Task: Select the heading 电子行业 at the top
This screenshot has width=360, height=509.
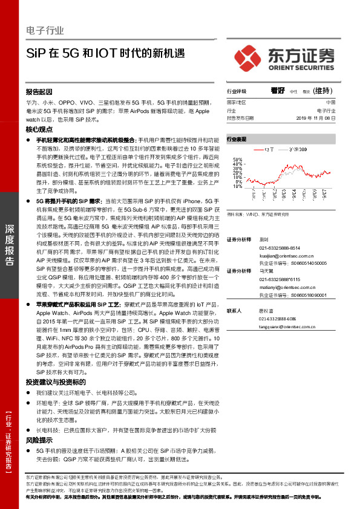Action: [x=45, y=30]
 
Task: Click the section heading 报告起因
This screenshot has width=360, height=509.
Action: [x=38, y=92]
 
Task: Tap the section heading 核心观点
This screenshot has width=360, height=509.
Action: [x=38, y=130]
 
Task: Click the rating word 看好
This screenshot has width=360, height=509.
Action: [x=278, y=91]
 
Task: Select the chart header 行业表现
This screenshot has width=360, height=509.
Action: [x=237, y=139]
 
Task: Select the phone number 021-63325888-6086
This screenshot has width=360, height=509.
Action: [x=277, y=319]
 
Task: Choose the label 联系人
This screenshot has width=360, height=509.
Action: [x=234, y=310]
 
